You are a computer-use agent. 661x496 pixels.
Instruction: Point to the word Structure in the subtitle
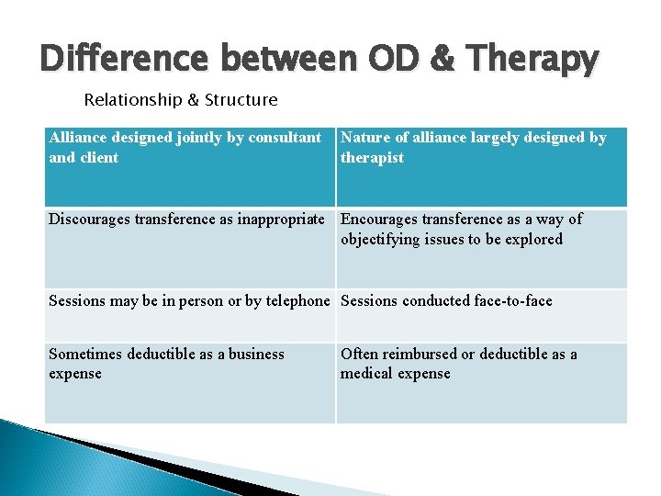click(x=241, y=99)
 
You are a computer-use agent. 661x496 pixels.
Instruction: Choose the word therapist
click(x=372, y=158)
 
